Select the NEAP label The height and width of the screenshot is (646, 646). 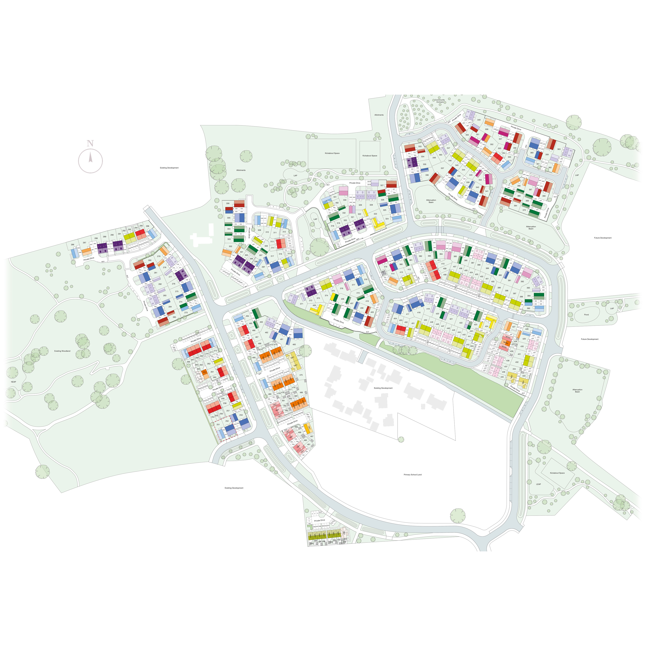coord(13,382)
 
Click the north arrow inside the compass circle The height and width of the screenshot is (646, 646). coord(90,157)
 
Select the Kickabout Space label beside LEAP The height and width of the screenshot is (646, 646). coord(557,473)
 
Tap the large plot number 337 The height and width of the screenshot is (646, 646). coord(442,169)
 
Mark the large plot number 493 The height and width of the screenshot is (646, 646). coord(440,155)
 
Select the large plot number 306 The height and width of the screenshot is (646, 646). coord(228,203)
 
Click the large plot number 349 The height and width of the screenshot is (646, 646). coord(479,120)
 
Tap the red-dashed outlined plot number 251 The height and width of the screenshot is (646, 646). coord(218,425)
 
